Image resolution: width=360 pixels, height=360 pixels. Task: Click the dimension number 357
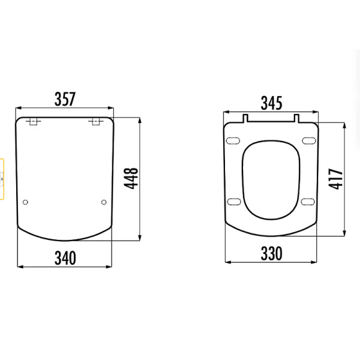(65, 99)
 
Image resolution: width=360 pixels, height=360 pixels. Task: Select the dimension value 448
(131, 178)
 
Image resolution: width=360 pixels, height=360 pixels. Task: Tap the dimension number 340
(65, 258)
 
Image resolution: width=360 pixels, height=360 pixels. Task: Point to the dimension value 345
(271, 103)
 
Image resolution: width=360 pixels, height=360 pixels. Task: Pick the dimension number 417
(335, 179)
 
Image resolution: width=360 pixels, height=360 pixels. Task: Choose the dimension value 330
(271, 253)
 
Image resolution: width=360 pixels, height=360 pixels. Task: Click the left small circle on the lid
(25, 202)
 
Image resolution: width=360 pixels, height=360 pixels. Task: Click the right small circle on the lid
(104, 202)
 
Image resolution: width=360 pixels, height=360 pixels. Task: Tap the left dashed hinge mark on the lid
(34, 122)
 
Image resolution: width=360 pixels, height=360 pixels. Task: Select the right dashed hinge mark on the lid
(96, 122)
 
